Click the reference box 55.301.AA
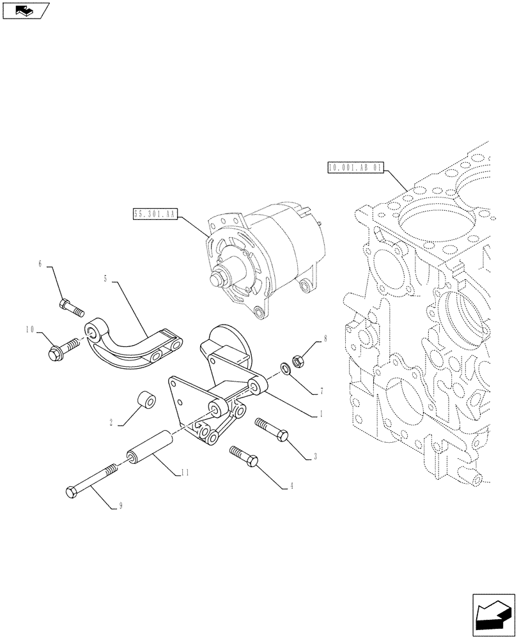tap(154, 215)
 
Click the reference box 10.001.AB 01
tap(355, 169)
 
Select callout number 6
tap(40, 263)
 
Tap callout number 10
tap(29, 330)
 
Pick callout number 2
tap(111, 422)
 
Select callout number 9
tap(119, 507)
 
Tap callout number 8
tap(325, 340)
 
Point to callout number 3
tap(315, 457)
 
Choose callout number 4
tap(291, 486)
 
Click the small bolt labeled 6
tap(70, 308)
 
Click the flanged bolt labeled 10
tap(62, 348)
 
